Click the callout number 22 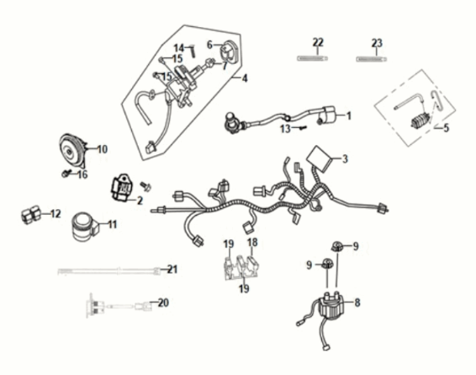(318, 42)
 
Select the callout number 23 (377, 43)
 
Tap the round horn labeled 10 (72, 151)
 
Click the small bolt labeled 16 (66, 174)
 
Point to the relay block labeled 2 (120, 188)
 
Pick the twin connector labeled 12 (31, 214)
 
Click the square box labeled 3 (318, 158)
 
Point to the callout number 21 (172, 269)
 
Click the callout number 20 (163, 303)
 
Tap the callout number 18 (252, 242)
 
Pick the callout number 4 (245, 78)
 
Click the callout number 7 (225, 66)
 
